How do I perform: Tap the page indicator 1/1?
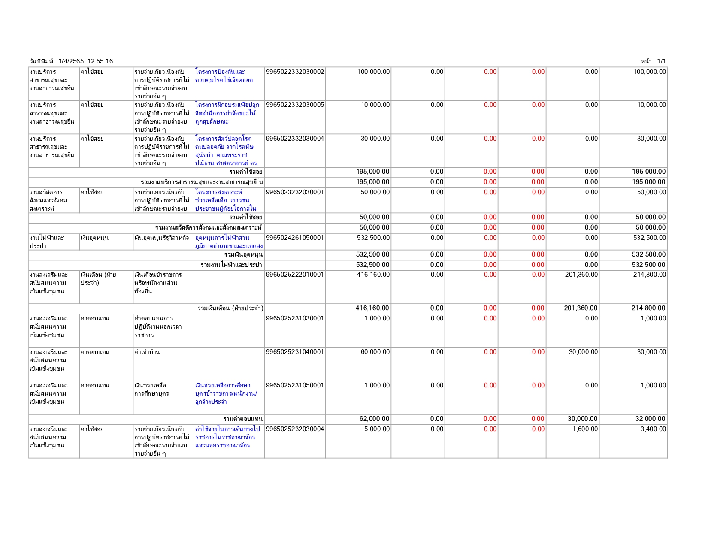tap(661, 61)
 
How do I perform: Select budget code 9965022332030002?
tap(295, 72)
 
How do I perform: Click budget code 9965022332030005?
tap(295, 105)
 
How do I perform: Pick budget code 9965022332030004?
tap(295, 139)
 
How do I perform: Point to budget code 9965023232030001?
tap(295, 192)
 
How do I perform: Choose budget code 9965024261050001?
tap(295, 238)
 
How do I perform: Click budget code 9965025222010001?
tap(295, 275)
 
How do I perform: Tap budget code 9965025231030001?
tap(295, 318)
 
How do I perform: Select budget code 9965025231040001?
tap(295, 352)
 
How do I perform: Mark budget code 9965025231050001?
tap(295, 385)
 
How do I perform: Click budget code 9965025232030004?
tap(295, 429)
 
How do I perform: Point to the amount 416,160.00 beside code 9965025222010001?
tap(373, 275)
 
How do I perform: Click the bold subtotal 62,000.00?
tap(374, 419)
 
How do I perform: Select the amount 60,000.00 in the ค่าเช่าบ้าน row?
tap(375, 352)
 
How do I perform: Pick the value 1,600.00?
tap(585, 429)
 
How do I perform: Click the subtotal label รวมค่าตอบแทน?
tap(243, 419)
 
